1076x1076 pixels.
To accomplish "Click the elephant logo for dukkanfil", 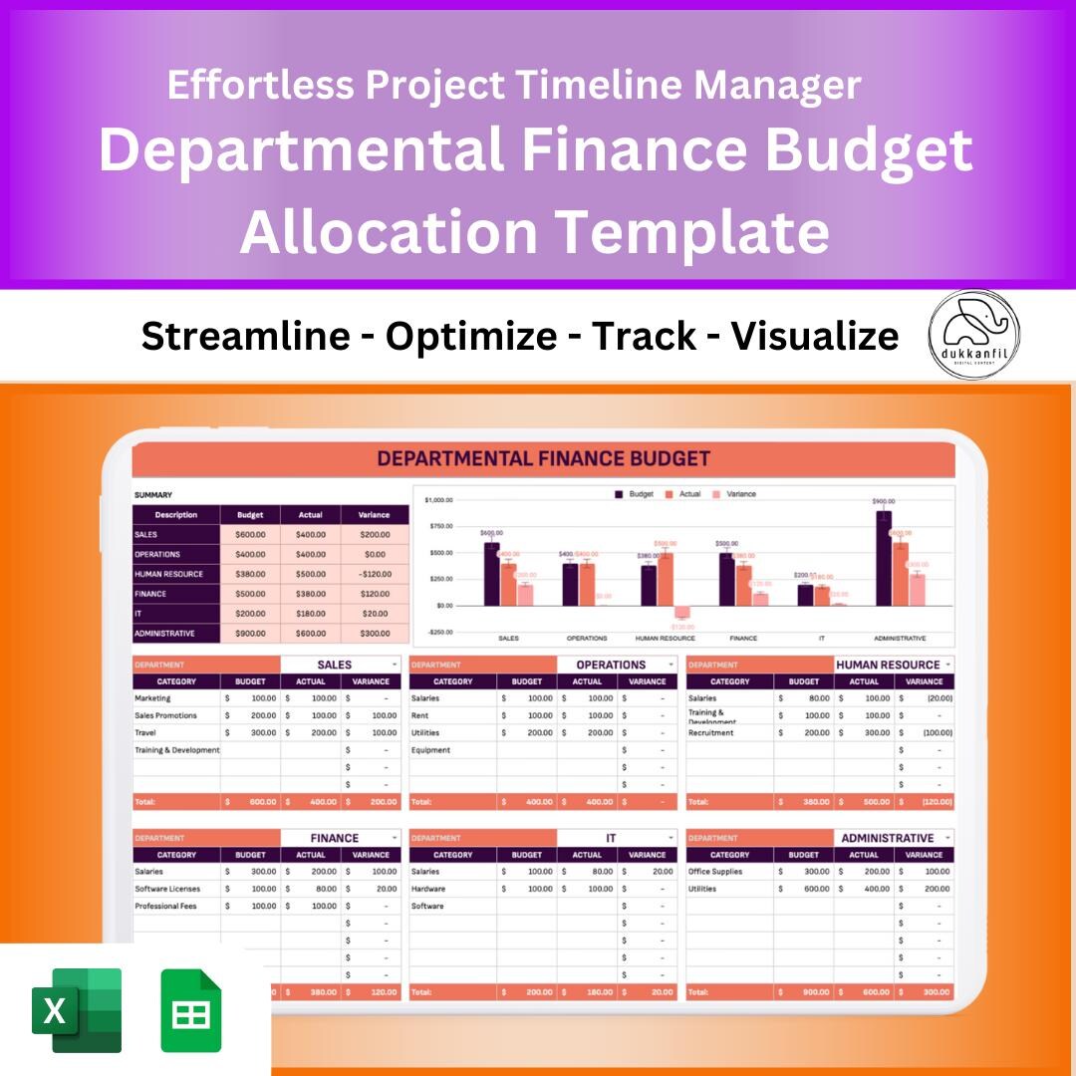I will tap(973, 335).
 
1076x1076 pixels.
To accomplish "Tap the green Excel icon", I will tap(77, 1009).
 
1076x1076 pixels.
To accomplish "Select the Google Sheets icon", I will tap(191, 1009).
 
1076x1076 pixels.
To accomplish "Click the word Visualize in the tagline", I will tap(815, 337).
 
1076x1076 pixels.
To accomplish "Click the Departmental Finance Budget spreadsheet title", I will tap(543, 459).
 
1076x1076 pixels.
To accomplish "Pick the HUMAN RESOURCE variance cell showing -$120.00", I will tap(375, 574).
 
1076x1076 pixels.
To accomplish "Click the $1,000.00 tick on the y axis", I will tap(438, 500).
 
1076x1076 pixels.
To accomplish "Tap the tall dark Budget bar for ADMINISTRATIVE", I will tap(883, 558).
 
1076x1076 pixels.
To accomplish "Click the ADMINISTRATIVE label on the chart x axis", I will tap(900, 639).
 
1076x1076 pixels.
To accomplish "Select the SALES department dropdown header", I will tap(340, 665).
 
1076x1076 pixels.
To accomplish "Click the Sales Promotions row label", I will tap(166, 715).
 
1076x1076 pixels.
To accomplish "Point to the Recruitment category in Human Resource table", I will tap(710, 732).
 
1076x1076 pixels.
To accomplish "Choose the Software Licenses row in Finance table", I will tap(167, 889).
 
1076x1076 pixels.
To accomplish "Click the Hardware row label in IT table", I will tap(428, 889).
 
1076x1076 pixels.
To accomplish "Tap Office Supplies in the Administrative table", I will tap(714, 872).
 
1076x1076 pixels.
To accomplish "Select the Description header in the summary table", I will tap(176, 515).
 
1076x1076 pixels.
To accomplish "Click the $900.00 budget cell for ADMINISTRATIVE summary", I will tap(250, 634).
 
